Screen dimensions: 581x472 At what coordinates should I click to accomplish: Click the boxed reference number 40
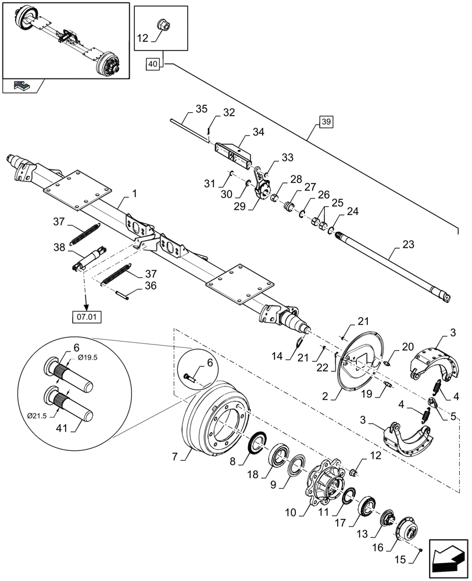click(152, 64)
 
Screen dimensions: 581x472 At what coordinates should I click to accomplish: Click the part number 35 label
click(201, 109)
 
